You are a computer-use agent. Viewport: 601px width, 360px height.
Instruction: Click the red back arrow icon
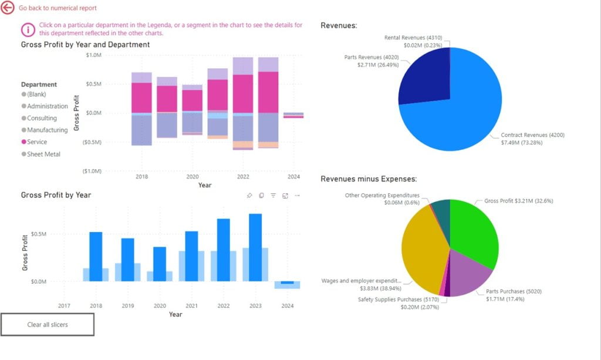(x=8, y=8)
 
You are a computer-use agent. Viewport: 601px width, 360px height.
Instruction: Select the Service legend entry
(x=36, y=142)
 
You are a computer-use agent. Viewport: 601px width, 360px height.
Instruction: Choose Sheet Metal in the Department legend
(x=43, y=154)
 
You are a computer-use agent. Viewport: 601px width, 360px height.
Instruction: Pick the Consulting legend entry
(x=41, y=118)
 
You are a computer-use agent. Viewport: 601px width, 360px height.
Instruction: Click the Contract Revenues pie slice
(x=464, y=112)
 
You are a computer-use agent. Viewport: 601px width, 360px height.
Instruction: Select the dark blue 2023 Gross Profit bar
(x=255, y=247)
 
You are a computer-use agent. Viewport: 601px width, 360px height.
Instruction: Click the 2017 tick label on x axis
(x=64, y=306)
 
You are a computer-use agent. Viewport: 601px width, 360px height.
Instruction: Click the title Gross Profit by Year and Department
(x=85, y=45)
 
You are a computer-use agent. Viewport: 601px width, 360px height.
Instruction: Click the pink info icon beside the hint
(x=28, y=29)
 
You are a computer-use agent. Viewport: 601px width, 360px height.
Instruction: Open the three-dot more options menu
(x=297, y=196)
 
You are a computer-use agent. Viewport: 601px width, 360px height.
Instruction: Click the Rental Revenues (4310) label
(x=412, y=38)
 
